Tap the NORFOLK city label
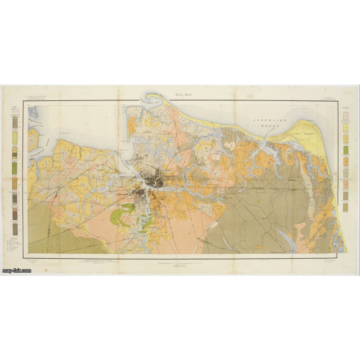pyautogui.click(x=169, y=176)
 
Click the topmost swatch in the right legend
pyautogui.click(x=346, y=117)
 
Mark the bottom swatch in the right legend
pyautogui.click(x=346, y=207)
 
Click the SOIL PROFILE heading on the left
pyautogui.click(x=14, y=109)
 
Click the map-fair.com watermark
pyautogui.click(x=16, y=270)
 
